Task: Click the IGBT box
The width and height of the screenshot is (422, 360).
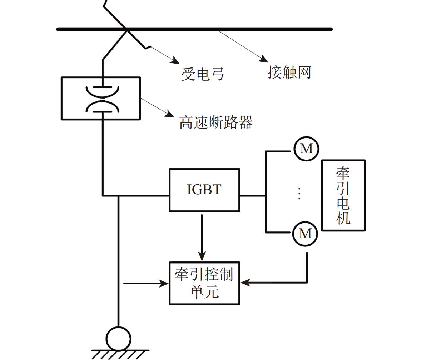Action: (204, 190)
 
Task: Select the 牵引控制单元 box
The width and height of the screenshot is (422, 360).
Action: (204, 283)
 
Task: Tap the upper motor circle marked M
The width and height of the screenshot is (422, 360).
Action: (306, 149)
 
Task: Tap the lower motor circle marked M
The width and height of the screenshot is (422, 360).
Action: (305, 234)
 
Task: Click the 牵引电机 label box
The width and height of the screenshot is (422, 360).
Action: (343, 195)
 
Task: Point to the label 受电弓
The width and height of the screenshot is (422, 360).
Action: (203, 74)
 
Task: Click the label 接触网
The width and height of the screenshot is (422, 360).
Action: (289, 72)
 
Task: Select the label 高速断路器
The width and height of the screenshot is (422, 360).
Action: (216, 122)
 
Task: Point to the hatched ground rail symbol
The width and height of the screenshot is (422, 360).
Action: (120, 354)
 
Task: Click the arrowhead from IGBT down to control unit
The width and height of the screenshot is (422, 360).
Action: (202, 256)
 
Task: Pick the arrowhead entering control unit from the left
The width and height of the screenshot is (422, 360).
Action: (164, 284)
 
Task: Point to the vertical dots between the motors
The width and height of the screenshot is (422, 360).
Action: (299, 193)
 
